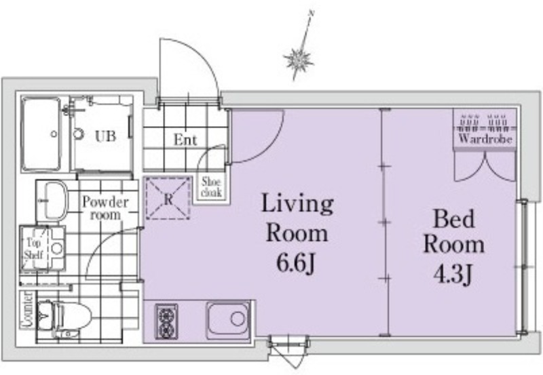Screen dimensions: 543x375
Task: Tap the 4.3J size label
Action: pos(453,275)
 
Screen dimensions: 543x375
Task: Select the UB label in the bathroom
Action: pos(105,136)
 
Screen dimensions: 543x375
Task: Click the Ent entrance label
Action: pos(185,140)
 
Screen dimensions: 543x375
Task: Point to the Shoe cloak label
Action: pos(211,186)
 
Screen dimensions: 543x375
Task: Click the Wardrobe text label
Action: pos(485,139)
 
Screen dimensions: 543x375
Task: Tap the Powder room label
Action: pos(105,208)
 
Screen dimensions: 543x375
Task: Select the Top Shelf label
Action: pos(33,249)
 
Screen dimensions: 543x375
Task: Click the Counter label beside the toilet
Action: pos(27,310)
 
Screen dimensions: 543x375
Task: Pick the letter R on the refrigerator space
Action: pos(168,199)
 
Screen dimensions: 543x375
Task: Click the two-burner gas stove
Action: pos(166,321)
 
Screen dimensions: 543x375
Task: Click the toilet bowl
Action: pos(72,315)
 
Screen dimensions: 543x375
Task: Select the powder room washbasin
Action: pos(56,201)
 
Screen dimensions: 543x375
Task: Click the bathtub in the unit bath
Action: pos(41,134)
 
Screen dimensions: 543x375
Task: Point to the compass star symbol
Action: pos(298,61)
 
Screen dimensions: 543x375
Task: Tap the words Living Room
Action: pos(297,218)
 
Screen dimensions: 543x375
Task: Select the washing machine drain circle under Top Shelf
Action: pos(57,248)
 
